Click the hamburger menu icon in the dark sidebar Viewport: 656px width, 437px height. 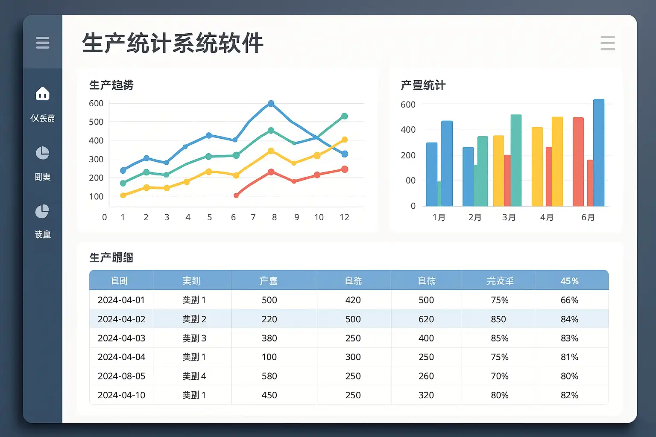point(43,43)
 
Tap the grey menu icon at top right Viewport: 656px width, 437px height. point(607,43)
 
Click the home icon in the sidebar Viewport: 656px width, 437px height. point(43,93)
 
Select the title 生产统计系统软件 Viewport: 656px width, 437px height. point(173,43)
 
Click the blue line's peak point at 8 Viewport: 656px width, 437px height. point(271,104)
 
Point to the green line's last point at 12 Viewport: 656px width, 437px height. point(345,116)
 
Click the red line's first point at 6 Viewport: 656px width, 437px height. point(236,195)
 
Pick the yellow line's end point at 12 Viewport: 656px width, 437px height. point(345,140)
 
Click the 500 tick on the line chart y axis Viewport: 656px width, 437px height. point(96,122)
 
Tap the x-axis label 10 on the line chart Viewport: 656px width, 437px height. point(319,217)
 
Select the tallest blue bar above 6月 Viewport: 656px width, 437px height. point(599,152)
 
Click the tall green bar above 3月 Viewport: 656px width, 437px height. point(516,160)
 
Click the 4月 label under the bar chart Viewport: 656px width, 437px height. point(547,217)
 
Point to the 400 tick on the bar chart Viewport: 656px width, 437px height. point(408,130)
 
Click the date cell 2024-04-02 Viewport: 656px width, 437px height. point(121,319)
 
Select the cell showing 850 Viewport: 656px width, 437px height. point(498,319)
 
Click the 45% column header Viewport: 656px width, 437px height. point(569,281)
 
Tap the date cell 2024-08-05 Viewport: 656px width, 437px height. point(121,376)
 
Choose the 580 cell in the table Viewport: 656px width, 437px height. point(269,376)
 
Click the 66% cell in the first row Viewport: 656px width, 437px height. point(569,300)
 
